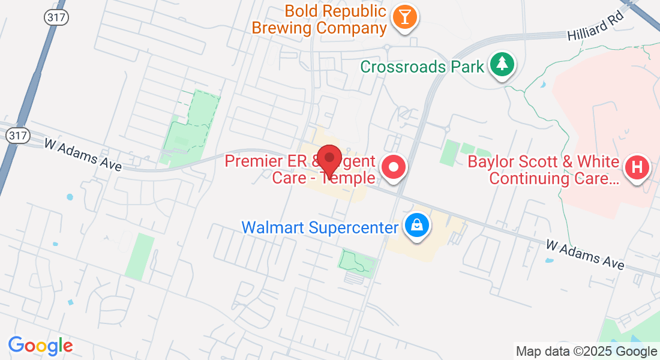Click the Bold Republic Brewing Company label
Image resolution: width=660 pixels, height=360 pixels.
coord(319,19)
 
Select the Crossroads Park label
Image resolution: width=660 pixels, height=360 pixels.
coord(422,66)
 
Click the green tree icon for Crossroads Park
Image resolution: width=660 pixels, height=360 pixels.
coord(502,64)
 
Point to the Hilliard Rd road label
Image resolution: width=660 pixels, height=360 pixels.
coord(596,28)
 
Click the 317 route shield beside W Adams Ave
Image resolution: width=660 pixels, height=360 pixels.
coord(17,136)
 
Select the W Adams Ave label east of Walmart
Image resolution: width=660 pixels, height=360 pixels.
coord(585,254)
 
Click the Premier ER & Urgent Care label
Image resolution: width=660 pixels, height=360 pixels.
coord(300,169)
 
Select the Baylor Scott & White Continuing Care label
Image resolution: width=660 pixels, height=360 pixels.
coord(543,170)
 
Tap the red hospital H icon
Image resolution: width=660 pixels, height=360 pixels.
coord(637,167)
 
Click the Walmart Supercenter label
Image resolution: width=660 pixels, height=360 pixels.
coord(320,227)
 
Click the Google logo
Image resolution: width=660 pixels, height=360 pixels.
coord(40,346)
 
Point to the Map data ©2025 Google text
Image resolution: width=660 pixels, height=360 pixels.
coord(586,352)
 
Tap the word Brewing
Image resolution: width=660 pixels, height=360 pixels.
coord(282,28)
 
